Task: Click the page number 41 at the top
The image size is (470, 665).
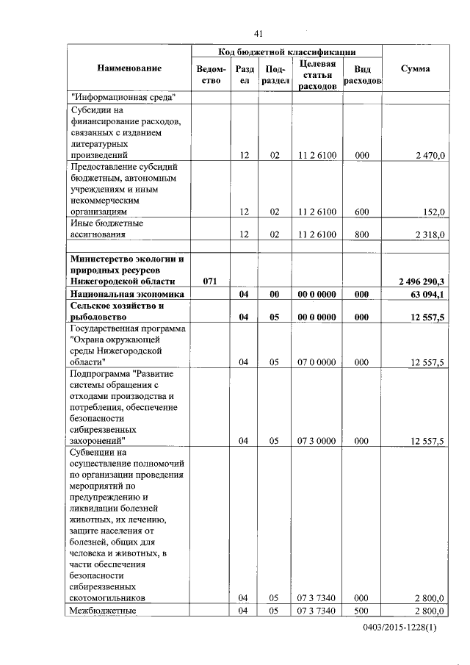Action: (258, 34)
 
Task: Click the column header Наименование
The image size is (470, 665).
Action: (129, 68)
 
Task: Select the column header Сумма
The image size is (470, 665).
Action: (416, 68)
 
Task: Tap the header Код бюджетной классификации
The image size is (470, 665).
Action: (287, 52)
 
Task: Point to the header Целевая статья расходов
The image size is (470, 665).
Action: (317, 75)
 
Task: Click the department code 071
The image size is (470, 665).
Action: (210, 281)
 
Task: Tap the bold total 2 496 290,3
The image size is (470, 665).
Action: (422, 281)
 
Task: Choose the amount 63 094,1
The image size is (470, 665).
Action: (429, 294)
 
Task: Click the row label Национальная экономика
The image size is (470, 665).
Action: (126, 294)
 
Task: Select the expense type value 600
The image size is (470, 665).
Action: (361, 212)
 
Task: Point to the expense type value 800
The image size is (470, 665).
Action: (361, 234)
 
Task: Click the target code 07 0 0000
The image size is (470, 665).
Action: (317, 362)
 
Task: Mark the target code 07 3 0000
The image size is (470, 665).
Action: (317, 441)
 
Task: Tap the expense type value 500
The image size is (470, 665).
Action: (361, 611)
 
